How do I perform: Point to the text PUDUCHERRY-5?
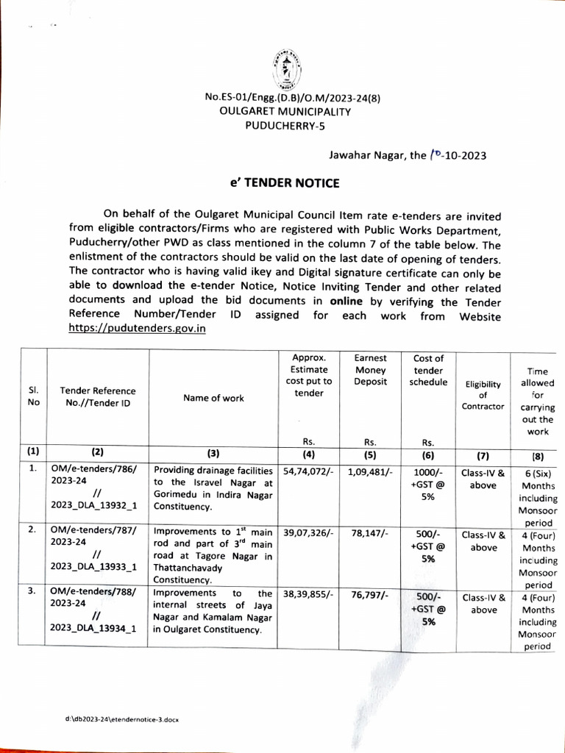[x=285, y=125]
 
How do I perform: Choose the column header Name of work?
[x=214, y=398]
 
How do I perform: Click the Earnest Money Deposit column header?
[x=371, y=370]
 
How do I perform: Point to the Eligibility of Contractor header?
[x=483, y=395]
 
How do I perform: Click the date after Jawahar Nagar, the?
[x=457, y=155]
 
